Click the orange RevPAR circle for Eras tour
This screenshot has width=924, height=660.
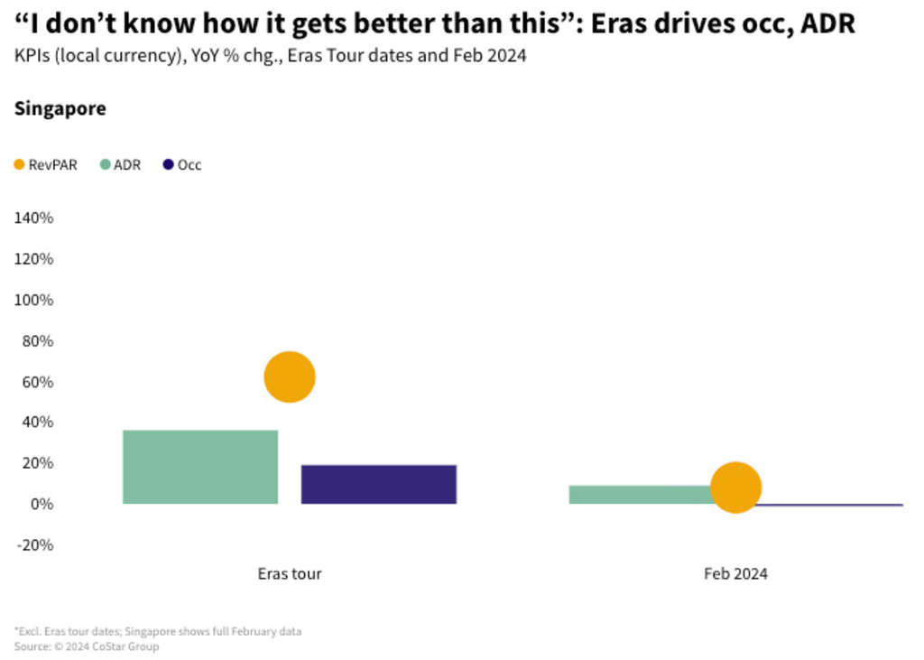point(290,377)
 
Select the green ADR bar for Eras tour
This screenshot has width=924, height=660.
point(200,467)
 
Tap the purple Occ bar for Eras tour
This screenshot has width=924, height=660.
point(379,484)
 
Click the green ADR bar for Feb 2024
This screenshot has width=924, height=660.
point(641,494)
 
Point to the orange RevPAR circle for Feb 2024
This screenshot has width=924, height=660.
point(736,488)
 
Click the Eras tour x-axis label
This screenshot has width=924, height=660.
point(290,573)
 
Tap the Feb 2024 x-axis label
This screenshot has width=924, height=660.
point(736,573)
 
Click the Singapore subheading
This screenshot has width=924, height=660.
point(60,109)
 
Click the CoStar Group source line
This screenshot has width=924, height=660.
point(87,646)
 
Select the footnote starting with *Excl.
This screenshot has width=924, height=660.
point(158,631)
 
